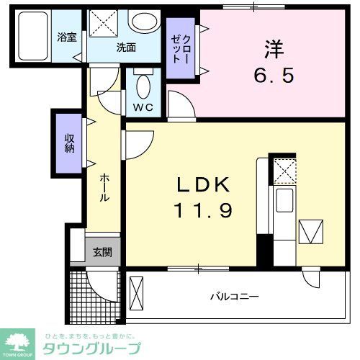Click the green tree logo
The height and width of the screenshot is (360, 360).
(21, 340)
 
